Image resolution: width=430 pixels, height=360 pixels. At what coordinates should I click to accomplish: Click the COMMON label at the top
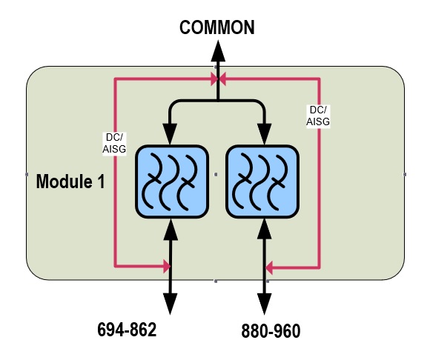click(217, 27)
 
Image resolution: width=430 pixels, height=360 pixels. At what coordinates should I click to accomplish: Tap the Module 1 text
click(70, 181)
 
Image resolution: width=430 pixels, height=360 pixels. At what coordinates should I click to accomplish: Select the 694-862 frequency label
click(127, 330)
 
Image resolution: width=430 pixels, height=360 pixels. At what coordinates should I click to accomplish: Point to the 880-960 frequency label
click(271, 331)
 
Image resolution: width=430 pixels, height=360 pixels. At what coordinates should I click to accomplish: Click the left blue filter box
click(172, 181)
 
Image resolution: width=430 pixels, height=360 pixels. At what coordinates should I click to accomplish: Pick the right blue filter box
click(262, 181)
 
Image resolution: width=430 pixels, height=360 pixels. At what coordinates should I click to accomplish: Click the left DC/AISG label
click(114, 143)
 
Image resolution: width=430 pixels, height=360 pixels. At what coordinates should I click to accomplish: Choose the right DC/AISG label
click(318, 116)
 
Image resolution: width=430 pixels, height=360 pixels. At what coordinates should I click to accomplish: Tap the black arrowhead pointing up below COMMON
click(218, 51)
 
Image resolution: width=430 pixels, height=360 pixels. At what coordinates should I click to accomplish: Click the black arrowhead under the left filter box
click(171, 230)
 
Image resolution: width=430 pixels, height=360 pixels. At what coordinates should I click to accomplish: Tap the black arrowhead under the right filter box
click(265, 230)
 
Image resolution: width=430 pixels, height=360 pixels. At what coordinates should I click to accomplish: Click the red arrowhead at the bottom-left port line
click(167, 266)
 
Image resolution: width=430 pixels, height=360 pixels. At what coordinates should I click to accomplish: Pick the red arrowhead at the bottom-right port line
click(269, 267)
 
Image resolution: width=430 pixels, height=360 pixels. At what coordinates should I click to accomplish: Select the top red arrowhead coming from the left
click(214, 79)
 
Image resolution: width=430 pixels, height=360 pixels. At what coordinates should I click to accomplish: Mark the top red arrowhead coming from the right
click(222, 79)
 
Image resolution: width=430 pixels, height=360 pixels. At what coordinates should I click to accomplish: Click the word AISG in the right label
click(318, 121)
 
